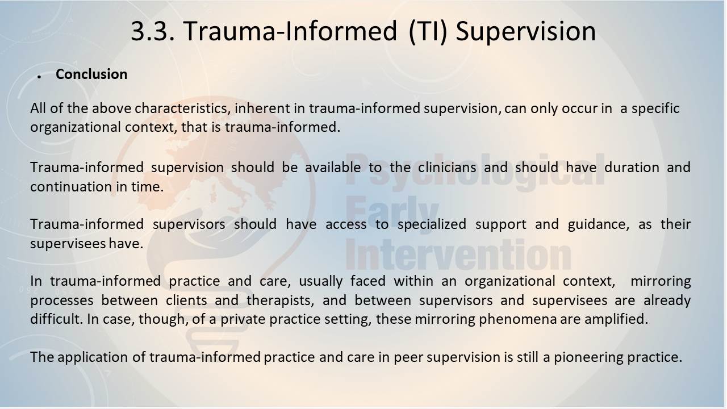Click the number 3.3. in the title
153,31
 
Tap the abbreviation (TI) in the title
428,32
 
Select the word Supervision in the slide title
526,32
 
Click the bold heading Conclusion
91,74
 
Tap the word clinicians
447,168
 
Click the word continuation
72,187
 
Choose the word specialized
432,224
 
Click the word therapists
281,301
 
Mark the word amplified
616,319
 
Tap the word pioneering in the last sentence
588,357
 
